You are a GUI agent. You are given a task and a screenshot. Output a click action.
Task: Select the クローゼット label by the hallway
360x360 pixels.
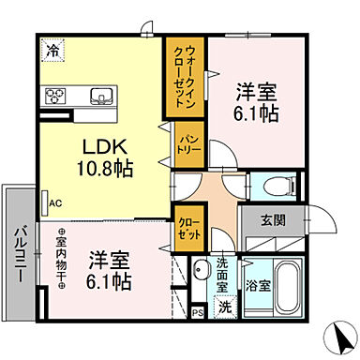tap(184, 227)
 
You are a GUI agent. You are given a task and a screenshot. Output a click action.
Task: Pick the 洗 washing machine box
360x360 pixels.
tap(223, 305)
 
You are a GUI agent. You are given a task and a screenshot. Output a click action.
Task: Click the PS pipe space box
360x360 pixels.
tap(198, 314)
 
